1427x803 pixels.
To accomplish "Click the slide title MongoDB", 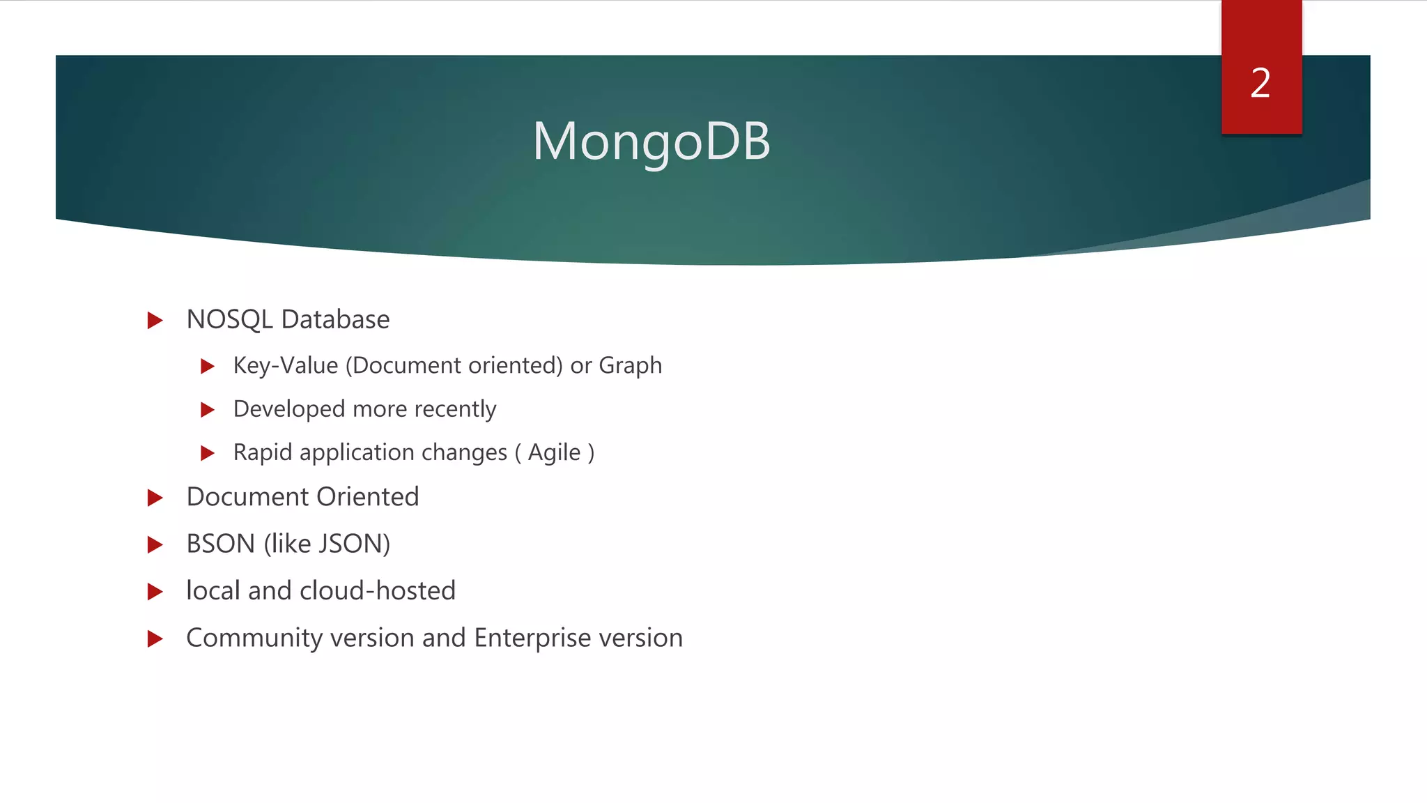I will [x=651, y=142].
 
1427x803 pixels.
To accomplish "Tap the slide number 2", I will [x=1260, y=84].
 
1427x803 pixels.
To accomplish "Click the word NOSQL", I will [x=229, y=320].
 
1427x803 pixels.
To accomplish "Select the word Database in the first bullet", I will [x=336, y=320].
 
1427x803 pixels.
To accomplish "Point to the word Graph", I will [x=630, y=366].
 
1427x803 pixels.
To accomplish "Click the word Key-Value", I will [x=286, y=366].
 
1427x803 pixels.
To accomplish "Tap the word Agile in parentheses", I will [x=554, y=453].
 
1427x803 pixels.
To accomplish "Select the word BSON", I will [x=220, y=544].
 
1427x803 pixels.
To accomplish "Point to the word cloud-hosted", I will [x=378, y=591].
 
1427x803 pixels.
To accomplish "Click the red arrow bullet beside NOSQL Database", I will [x=155, y=321].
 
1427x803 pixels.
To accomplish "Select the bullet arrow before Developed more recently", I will [x=207, y=410].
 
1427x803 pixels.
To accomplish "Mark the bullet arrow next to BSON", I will [x=155, y=545].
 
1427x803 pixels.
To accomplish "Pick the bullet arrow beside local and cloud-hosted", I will [x=155, y=592].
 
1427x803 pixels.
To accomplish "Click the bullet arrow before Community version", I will [x=155, y=638].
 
